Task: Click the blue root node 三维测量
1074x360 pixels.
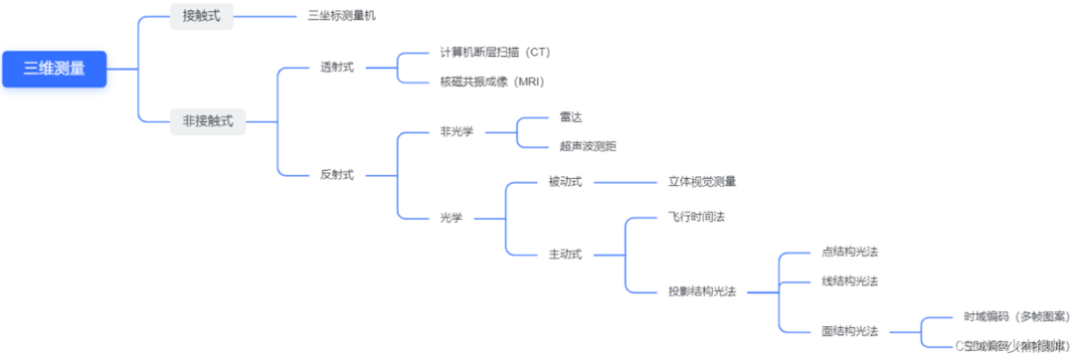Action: tap(54, 69)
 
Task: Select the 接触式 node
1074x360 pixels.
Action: tap(202, 16)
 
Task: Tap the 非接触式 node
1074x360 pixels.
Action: tap(208, 121)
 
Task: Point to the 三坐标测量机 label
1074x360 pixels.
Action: tap(342, 16)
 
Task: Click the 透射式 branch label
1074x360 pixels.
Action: tap(337, 68)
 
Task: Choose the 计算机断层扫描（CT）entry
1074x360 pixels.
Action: tap(494, 52)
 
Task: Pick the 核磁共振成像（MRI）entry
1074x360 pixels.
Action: tap(492, 82)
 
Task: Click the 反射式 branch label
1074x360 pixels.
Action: tap(337, 174)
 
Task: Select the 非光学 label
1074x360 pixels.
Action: tap(456, 131)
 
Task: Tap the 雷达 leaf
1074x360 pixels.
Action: tap(571, 116)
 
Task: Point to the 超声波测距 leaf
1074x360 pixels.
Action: tap(588, 146)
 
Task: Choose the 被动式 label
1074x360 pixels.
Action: tap(565, 182)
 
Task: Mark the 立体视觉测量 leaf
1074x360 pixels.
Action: tap(702, 182)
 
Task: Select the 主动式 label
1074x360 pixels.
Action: tap(565, 254)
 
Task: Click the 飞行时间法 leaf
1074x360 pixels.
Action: tap(697, 217)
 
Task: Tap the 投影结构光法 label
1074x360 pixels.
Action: tap(702, 291)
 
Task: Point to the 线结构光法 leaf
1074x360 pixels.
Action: tap(850, 281)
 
